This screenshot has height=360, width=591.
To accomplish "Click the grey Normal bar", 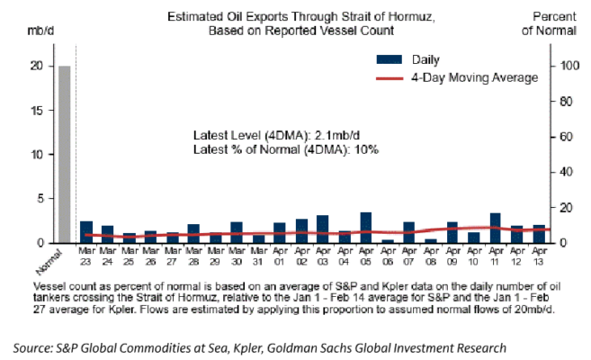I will [65, 154].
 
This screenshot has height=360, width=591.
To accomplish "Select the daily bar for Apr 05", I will [366, 228].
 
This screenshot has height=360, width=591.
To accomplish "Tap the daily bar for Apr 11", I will [496, 228].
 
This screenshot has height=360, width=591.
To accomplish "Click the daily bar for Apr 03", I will [323, 229].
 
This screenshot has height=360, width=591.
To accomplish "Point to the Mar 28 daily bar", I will [194, 233].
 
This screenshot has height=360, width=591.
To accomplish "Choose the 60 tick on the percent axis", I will [564, 137].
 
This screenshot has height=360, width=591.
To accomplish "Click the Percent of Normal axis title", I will [555, 23].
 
